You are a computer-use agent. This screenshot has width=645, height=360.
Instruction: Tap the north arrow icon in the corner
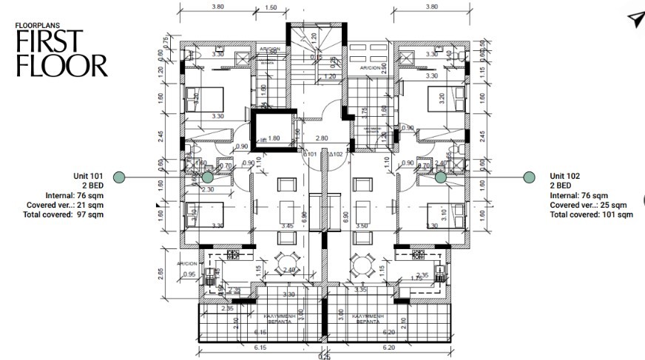[635, 20]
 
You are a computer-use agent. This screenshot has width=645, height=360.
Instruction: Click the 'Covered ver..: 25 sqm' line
[588, 205]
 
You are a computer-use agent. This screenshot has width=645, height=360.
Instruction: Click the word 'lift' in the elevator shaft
[262, 139]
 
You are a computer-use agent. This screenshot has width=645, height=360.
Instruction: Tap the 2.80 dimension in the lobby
[321, 138]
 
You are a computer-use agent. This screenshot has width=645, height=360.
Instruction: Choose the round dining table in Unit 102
[361, 263]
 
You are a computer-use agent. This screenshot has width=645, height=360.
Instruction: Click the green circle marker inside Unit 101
[208, 177]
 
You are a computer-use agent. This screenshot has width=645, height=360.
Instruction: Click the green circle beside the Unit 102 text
[529, 177]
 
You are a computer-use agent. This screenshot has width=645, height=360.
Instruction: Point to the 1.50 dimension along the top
[271, 7]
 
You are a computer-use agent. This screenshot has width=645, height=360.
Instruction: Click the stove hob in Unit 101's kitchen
[235, 255]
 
